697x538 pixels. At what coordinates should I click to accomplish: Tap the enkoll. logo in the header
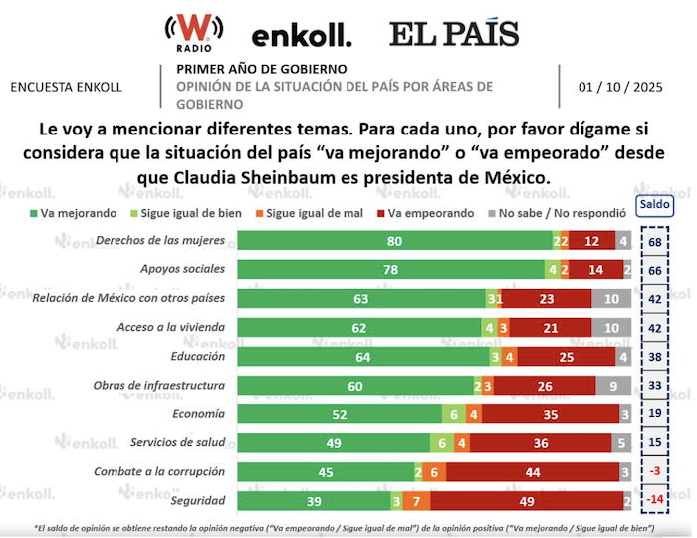(x=301, y=37)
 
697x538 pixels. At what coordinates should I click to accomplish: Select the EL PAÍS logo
(x=453, y=34)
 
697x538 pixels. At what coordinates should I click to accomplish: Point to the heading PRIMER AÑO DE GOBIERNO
(x=262, y=69)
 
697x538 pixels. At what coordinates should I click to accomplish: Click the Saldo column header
(x=654, y=205)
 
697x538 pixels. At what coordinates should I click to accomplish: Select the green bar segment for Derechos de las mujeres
(x=394, y=240)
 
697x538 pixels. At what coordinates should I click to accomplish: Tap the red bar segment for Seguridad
(x=527, y=501)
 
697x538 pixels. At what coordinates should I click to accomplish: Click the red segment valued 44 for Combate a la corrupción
(x=532, y=472)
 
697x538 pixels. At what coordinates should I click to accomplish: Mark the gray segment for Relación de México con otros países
(x=611, y=298)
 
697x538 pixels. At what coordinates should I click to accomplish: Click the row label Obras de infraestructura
(x=158, y=385)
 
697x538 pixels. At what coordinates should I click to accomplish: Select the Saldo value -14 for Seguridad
(x=654, y=500)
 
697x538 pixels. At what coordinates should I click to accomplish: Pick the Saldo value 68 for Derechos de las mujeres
(x=654, y=240)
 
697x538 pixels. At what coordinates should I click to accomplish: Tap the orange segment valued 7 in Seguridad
(x=416, y=501)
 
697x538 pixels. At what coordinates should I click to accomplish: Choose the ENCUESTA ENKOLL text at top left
(x=66, y=87)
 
